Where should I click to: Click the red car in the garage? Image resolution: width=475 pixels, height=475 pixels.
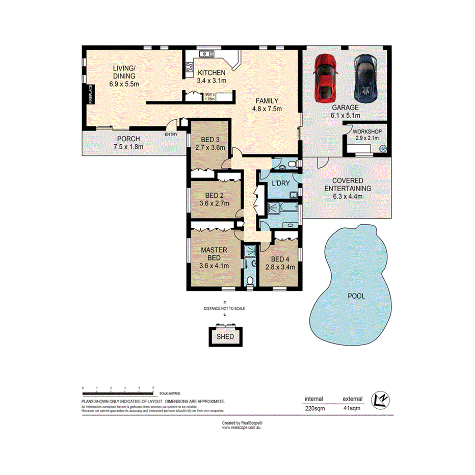click(326, 77)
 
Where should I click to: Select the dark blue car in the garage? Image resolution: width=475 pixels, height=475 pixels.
click(365, 77)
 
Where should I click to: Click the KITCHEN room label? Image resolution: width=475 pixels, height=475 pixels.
click(212, 72)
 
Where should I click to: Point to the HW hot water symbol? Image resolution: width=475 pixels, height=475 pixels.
click(383, 149)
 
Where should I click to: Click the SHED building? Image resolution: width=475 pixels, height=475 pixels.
click(225, 336)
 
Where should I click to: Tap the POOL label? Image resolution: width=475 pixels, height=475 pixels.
click(356, 296)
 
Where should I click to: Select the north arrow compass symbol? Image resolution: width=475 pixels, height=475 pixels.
click(381, 400)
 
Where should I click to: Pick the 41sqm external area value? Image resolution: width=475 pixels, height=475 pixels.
click(352, 408)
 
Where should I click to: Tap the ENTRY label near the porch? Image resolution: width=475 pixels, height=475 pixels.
click(171, 135)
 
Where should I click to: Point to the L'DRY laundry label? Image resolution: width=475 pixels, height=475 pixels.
click(280, 183)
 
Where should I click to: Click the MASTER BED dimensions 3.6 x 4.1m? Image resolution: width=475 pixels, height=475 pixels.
click(214, 265)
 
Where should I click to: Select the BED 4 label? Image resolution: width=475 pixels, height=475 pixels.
click(279, 258)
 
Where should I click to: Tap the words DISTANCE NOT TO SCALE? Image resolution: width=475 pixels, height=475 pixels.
click(225, 308)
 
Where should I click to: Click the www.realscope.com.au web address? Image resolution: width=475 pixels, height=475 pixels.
click(242, 428)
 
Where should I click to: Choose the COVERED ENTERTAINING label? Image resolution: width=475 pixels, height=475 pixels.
click(348, 184)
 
